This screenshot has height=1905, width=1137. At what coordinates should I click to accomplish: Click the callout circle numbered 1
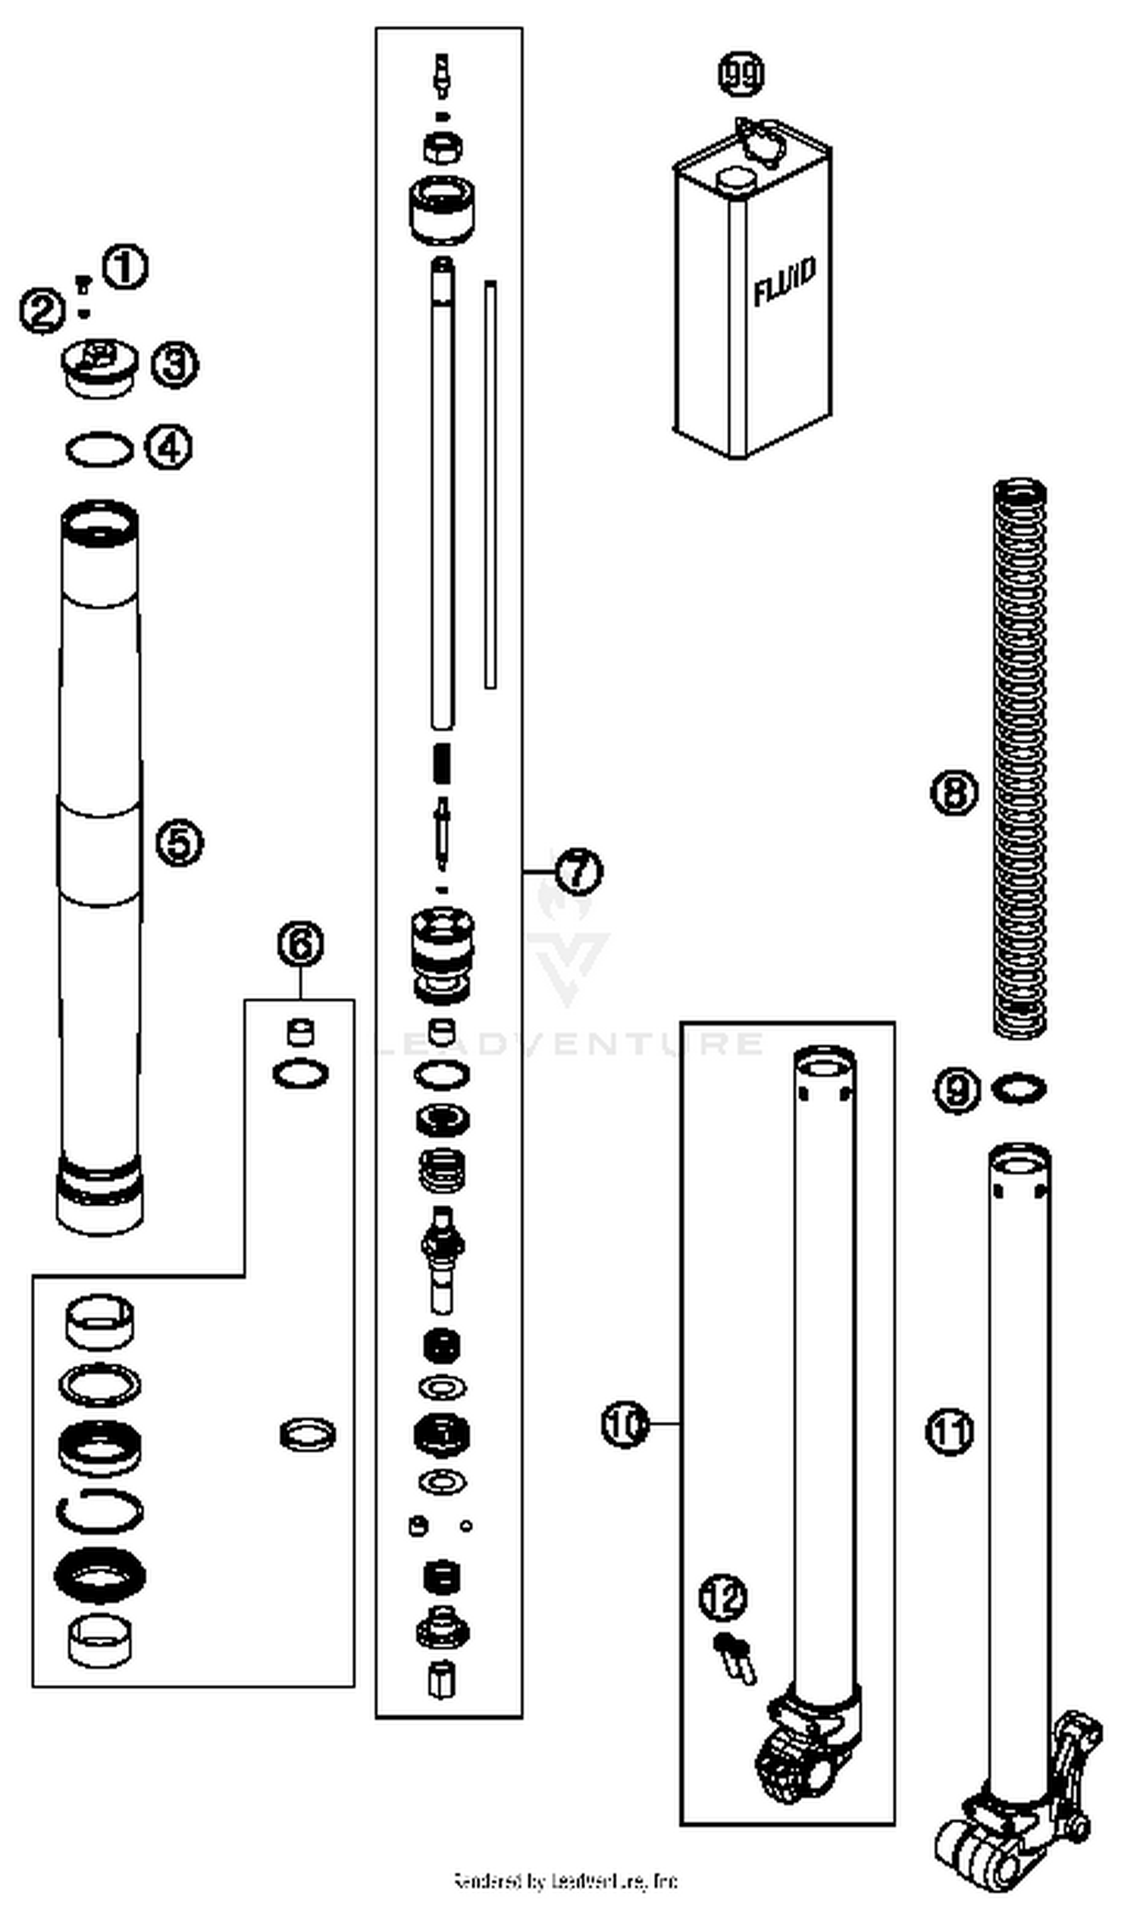[x=125, y=268]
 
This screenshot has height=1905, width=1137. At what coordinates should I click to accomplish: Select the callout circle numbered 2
[x=42, y=310]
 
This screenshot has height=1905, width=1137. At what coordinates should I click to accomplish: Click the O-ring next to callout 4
[x=99, y=449]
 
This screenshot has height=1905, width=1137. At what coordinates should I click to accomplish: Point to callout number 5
[x=180, y=843]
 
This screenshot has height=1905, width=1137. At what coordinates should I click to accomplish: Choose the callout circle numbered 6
[x=300, y=944]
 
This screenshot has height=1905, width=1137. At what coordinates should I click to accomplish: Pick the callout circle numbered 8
[x=954, y=792]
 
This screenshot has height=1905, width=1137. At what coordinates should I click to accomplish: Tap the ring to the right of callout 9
[x=1018, y=1089]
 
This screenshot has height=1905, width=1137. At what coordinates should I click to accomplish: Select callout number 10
[x=625, y=1424]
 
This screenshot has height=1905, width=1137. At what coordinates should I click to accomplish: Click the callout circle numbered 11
[x=950, y=1432]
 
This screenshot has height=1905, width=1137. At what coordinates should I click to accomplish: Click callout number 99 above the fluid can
[x=741, y=74]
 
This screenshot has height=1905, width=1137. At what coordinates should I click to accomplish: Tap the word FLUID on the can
[x=785, y=283]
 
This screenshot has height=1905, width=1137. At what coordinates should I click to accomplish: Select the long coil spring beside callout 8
[x=1020, y=758]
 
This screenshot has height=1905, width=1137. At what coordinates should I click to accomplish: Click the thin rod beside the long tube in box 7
[x=490, y=485]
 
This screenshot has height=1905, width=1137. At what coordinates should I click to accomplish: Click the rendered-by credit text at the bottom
[x=565, y=1881]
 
